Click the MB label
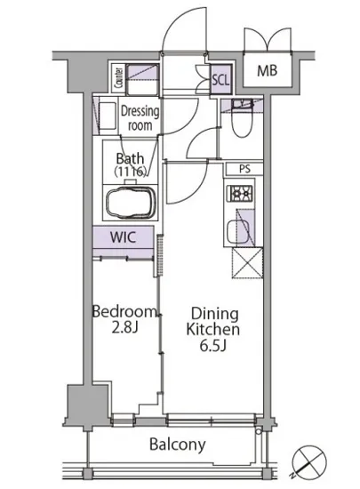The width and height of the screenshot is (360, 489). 268,71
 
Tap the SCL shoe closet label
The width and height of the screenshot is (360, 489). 220,80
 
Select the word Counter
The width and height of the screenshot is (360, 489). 118,77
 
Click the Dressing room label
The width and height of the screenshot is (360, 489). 140,118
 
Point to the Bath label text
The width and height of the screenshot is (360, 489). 130,159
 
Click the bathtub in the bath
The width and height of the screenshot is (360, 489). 131,203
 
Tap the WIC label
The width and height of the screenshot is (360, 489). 124,237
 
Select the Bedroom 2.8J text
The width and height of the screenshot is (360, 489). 124,319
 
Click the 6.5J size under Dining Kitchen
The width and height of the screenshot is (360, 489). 212,346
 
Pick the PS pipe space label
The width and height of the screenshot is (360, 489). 244,169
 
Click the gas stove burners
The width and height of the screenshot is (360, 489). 241,194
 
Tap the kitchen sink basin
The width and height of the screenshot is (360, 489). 237,232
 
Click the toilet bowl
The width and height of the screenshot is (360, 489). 241,120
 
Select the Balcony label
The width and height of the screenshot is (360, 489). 178,445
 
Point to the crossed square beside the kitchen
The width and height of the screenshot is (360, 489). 247,263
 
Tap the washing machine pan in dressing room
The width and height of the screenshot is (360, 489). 107,116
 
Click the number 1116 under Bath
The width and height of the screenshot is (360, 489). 130,172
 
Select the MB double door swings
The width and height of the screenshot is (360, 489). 268,39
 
